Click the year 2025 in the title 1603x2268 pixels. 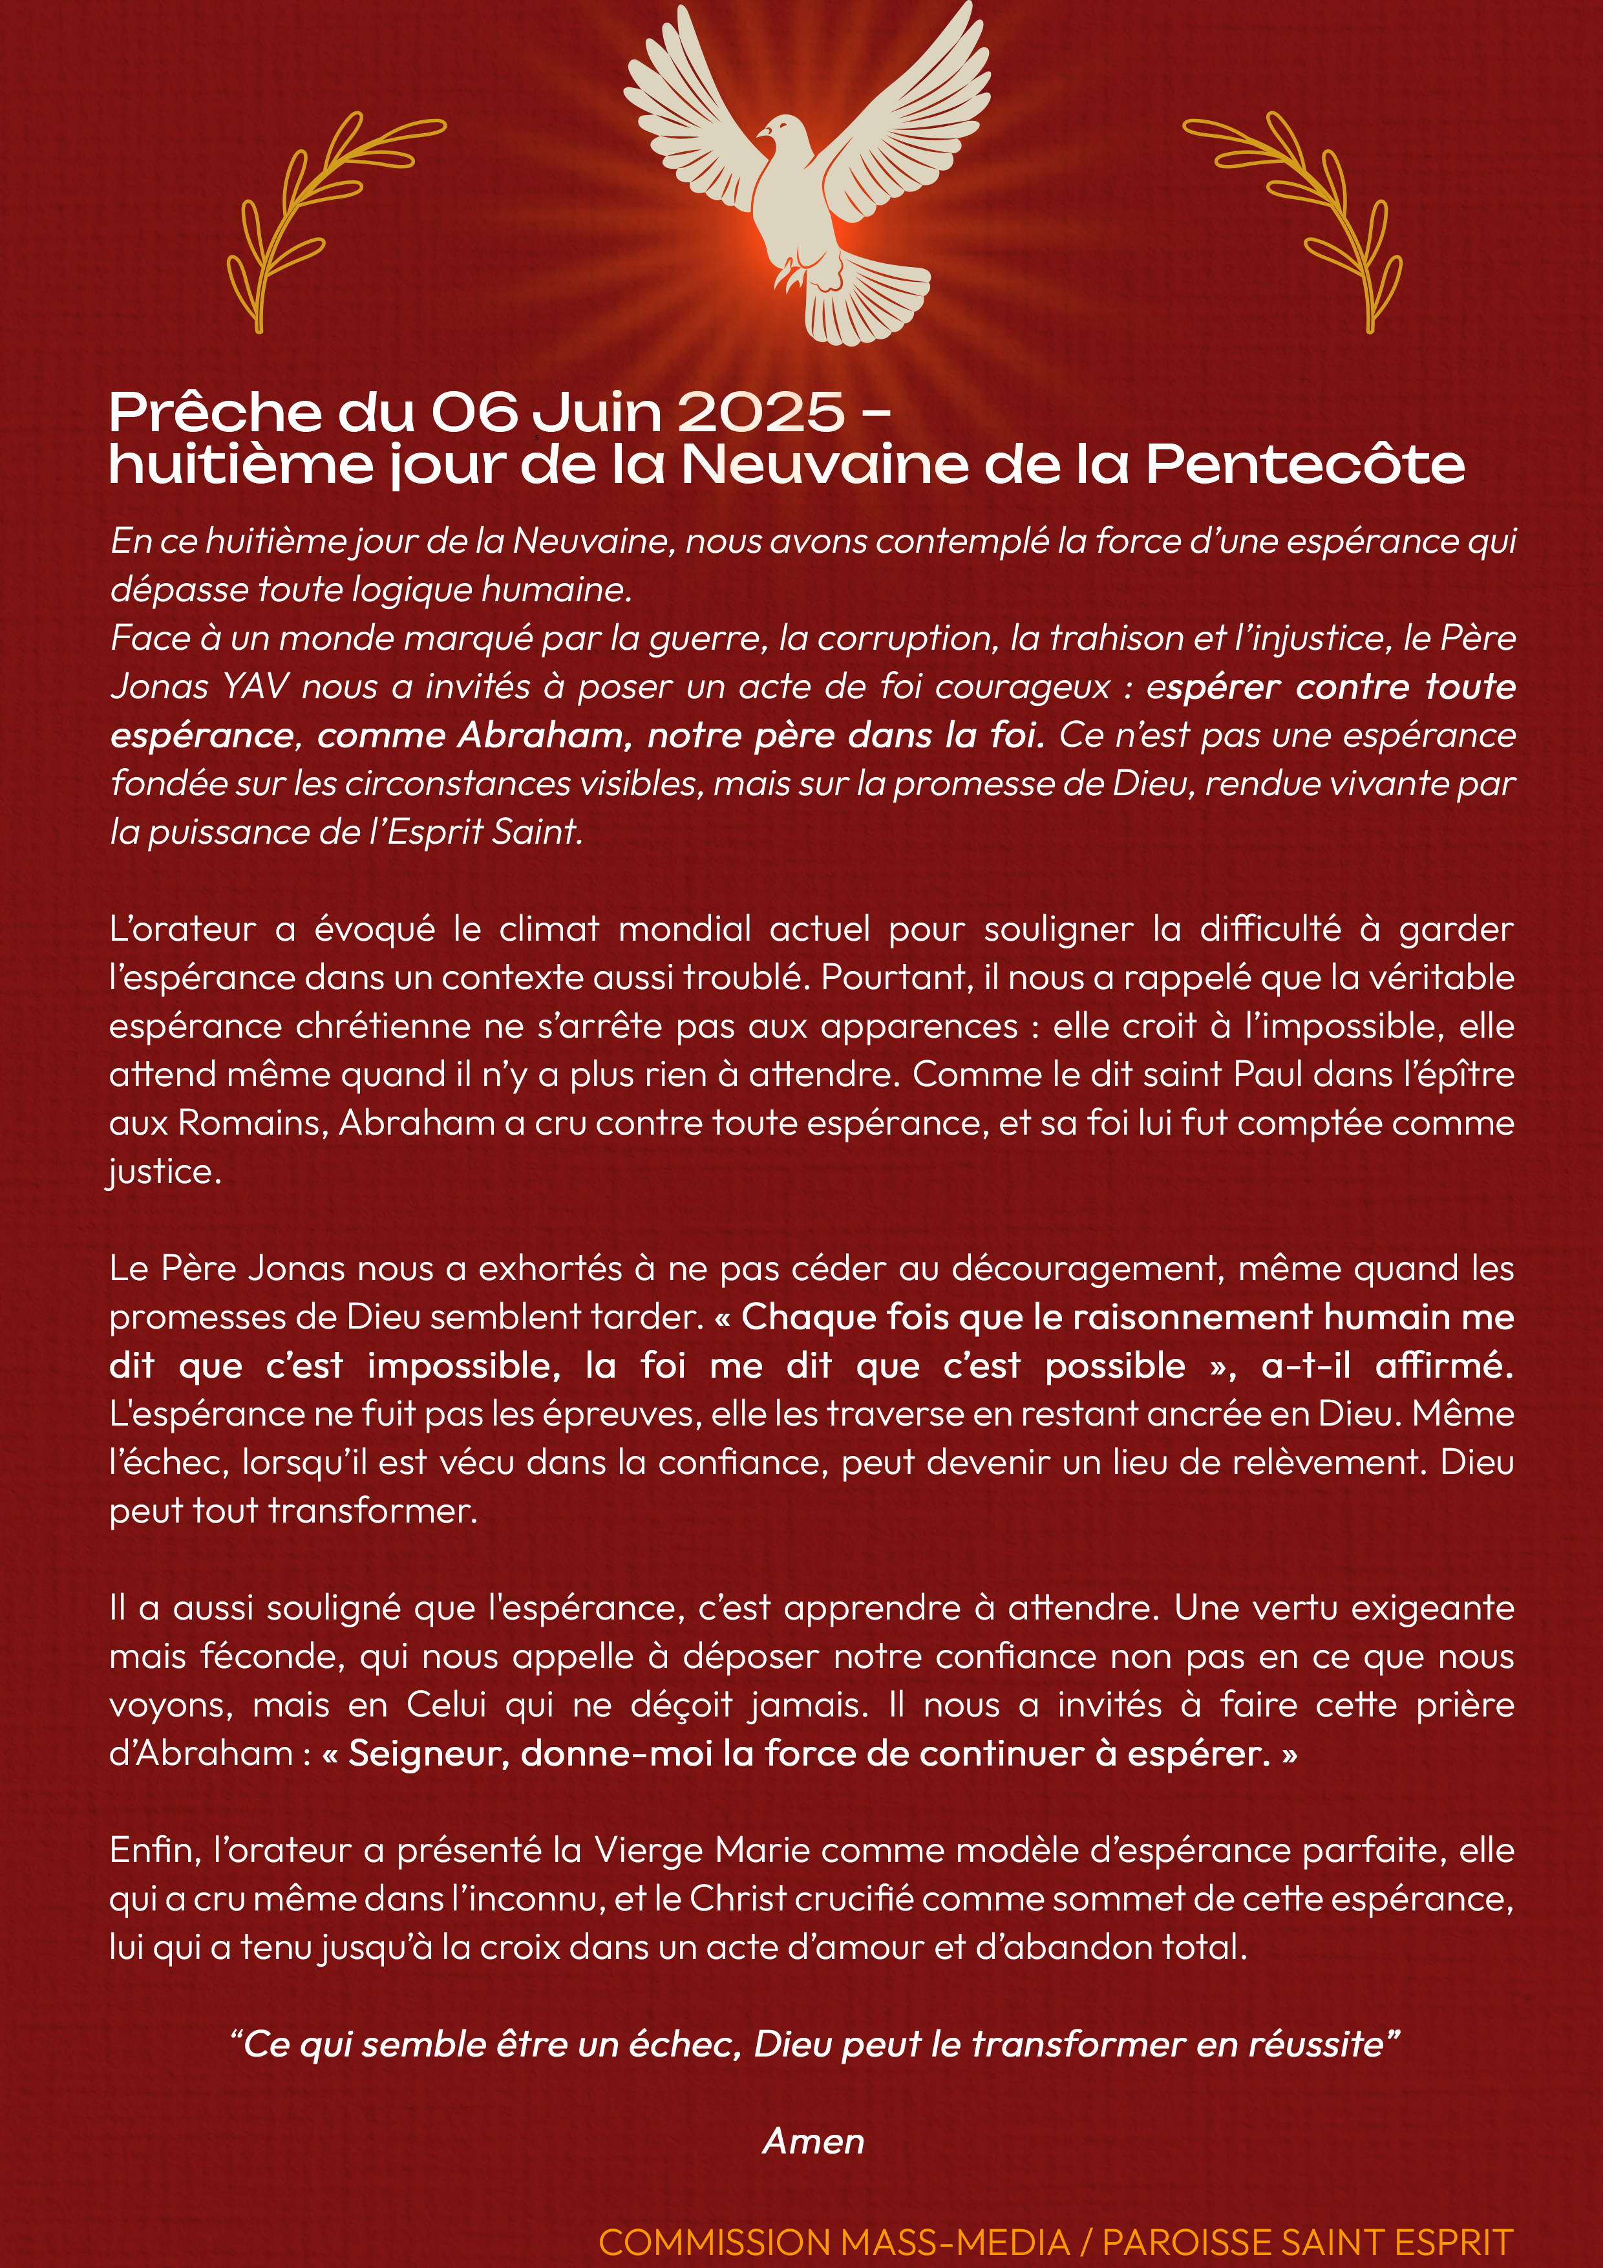point(761,413)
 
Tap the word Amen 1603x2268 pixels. point(813,2141)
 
